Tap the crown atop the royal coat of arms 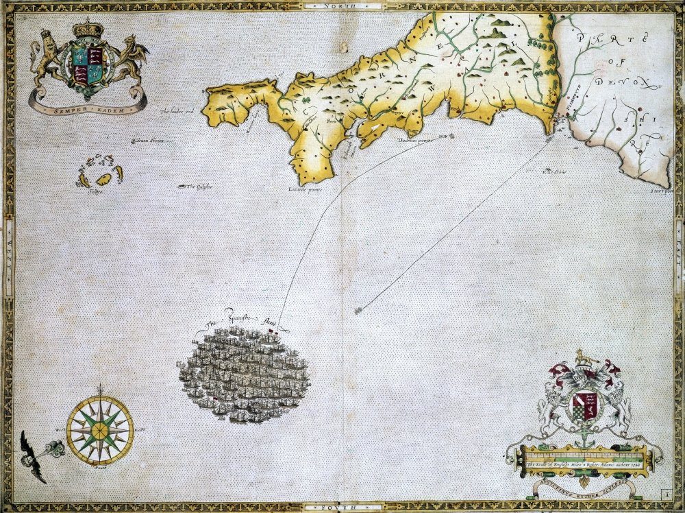88,30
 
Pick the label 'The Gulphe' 199,187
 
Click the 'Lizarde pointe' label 305,190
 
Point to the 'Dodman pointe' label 413,141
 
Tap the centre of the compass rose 101,429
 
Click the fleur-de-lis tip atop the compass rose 101,389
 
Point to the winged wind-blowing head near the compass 34,454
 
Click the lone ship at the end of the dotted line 358,311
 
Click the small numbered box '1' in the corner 666,492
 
